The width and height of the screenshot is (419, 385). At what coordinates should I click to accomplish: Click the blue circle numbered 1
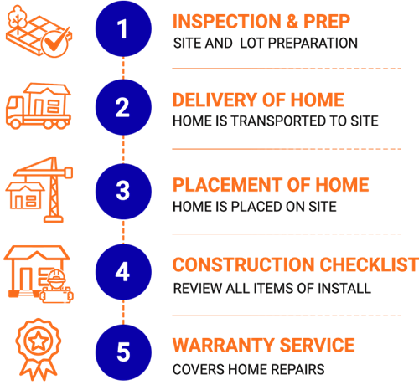click(x=123, y=28)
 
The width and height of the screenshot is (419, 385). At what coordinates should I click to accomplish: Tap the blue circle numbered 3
click(x=123, y=192)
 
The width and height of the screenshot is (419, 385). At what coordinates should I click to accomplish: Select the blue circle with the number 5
click(x=123, y=352)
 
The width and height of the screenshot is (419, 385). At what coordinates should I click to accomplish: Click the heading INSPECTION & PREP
click(x=261, y=22)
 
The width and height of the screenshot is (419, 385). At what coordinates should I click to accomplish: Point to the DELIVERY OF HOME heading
click(x=258, y=100)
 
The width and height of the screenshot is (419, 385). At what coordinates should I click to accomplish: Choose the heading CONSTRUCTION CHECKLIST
click(x=296, y=264)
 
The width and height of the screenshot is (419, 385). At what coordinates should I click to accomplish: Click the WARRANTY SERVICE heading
click(x=264, y=345)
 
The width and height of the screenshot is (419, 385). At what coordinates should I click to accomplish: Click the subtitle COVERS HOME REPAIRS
click(x=249, y=369)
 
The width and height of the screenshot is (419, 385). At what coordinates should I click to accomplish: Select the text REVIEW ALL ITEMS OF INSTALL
click(x=272, y=288)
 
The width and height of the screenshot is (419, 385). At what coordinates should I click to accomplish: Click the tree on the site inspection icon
click(x=18, y=18)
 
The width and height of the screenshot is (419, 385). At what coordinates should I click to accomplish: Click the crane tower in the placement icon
click(x=54, y=192)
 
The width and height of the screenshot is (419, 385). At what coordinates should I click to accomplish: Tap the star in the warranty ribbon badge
click(x=39, y=341)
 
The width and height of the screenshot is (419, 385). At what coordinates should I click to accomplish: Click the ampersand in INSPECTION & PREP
click(x=292, y=22)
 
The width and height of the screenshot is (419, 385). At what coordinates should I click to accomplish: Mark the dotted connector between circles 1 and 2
click(x=123, y=69)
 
